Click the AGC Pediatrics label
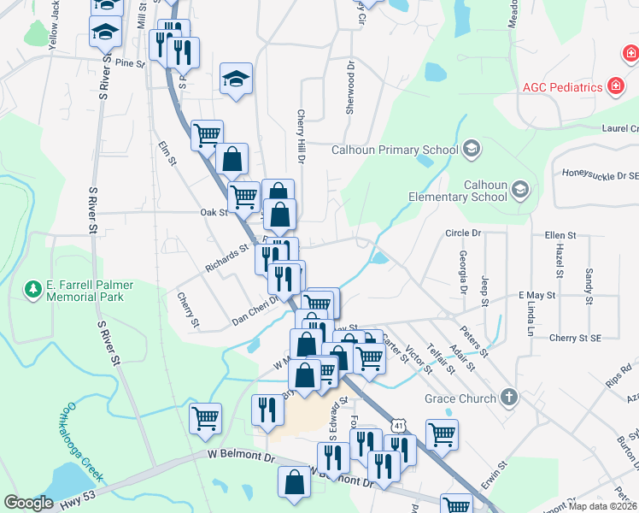pyautogui.click(x=563, y=87)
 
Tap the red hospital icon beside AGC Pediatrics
pyautogui.click(x=613, y=87)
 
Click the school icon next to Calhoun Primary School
pyautogui.click(x=470, y=150)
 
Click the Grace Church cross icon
pyautogui.click(x=508, y=398)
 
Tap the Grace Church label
pyautogui.click(x=460, y=398)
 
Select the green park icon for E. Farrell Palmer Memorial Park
pyautogui.click(x=33, y=289)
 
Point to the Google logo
pyautogui.click(x=28, y=503)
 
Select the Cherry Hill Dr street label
pyautogui.click(x=301, y=137)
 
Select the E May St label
pyautogui.click(x=536, y=295)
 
